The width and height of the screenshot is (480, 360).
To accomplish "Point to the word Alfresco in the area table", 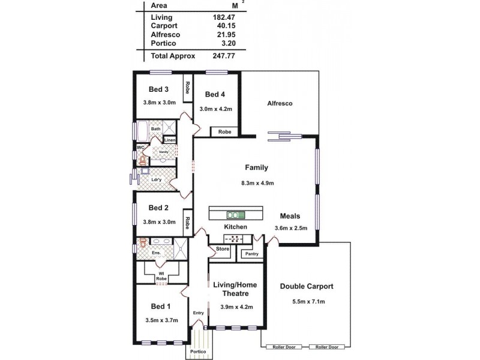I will tap(166, 35).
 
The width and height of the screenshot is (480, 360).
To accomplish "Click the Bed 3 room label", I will tap(158, 89).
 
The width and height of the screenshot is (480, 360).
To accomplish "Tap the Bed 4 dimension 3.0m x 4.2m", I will tap(216, 109).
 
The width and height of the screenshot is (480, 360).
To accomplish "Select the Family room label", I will tap(256, 168).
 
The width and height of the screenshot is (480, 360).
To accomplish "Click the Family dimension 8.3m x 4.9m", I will tap(256, 183).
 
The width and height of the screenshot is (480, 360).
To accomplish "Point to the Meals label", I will tap(291, 216).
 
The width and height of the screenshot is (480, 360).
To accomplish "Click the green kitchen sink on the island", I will tap(235, 214).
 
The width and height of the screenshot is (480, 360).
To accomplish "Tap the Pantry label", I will tap(250, 254).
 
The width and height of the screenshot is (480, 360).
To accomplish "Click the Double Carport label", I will tap(307, 286).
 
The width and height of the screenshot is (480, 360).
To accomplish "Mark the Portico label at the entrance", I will tap(198, 352).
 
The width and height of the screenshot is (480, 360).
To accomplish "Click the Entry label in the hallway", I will tap(199, 313).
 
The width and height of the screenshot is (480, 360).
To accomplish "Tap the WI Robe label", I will tap(161, 277).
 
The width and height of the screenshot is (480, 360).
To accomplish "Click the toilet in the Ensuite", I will tap(143, 244).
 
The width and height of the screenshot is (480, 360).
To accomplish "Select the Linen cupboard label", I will tap(170, 140).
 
